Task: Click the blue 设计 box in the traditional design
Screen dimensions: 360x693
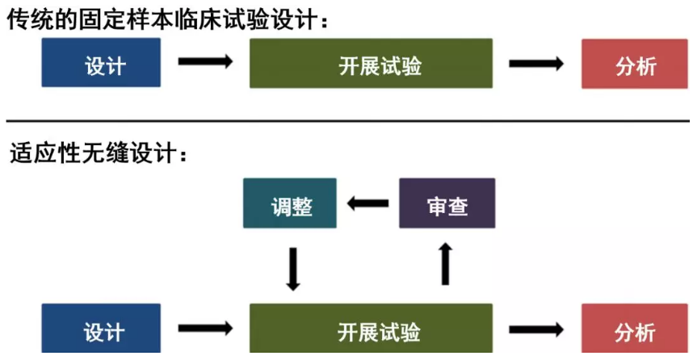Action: tap(101, 63)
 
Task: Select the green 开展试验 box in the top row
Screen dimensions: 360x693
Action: tap(371, 63)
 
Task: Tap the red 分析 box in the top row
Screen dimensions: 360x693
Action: tap(635, 63)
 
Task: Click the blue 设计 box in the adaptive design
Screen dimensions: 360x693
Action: tap(101, 330)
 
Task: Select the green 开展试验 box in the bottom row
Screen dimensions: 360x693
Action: tap(371, 330)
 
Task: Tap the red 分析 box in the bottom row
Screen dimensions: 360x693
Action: tap(635, 330)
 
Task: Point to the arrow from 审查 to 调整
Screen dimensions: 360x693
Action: tap(367, 203)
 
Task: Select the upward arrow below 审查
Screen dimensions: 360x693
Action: tap(445, 264)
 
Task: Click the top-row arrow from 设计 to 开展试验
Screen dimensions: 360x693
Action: tap(205, 62)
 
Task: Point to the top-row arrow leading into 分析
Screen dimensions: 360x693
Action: tap(536, 63)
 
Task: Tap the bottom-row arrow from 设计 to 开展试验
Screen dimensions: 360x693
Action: tap(205, 329)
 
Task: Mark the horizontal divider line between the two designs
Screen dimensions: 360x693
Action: tap(347, 120)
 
